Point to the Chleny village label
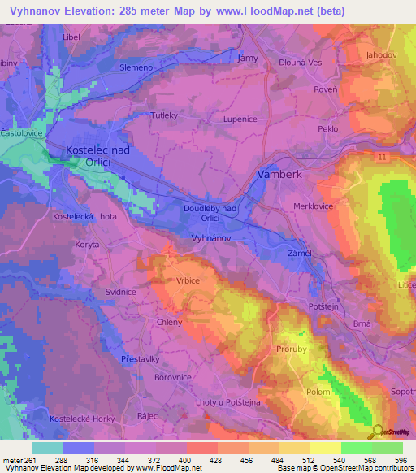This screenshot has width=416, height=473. point(170,322)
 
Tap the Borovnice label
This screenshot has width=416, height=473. point(172,377)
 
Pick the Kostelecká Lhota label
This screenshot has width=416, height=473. point(84,217)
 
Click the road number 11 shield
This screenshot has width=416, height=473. point(382,154)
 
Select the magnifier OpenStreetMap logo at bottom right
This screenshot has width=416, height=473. point(379,431)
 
